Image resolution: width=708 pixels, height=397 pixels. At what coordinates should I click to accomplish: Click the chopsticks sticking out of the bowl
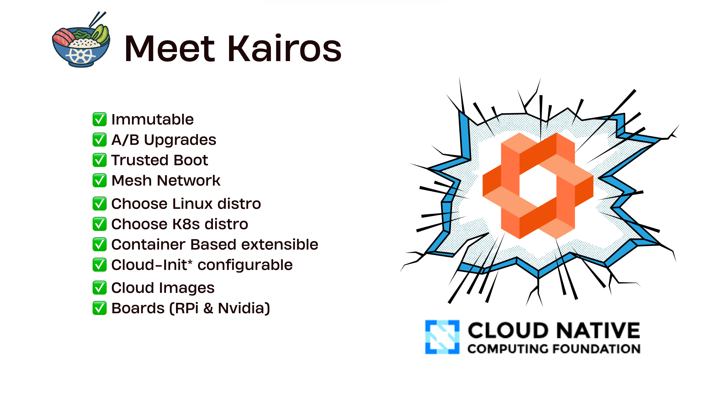coord(97,19)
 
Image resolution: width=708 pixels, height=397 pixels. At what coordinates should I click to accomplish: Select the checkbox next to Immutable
coord(99,119)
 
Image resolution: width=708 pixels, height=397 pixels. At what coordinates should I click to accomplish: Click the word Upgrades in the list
coord(180,140)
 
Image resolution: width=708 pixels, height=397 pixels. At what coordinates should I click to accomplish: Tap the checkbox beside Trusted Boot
coord(99,160)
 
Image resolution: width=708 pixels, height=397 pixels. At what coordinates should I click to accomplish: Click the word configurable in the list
coord(245,265)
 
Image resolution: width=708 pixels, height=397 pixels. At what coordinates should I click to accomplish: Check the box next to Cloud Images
coord(99,288)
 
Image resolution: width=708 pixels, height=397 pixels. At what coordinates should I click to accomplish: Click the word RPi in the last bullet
coord(186,308)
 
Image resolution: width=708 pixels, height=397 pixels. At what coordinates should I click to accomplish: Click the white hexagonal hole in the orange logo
coord(538,186)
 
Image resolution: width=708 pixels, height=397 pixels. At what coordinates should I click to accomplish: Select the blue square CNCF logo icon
coord(442,337)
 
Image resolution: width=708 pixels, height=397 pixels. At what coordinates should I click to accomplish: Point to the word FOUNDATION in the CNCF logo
coord(596,349)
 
